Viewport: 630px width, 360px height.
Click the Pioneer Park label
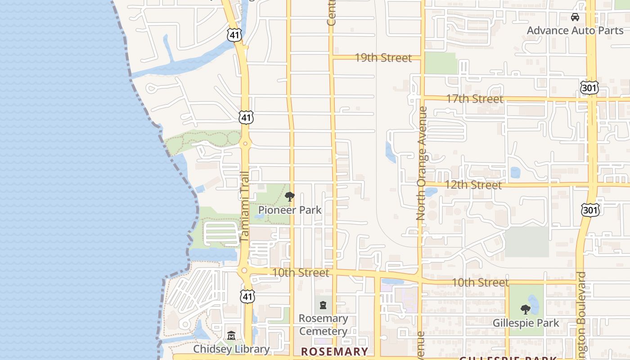(x=290, y=210)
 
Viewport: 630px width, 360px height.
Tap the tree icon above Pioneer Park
(x=290, y=197)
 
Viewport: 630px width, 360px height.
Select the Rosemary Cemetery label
(x=323, y=325)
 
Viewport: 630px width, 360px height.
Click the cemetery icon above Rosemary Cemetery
(x=323, y=306)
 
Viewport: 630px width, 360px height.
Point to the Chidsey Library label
(x=231, y=349)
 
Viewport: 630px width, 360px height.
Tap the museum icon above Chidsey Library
(x=231, y=336)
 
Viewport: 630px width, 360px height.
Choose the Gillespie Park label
(x=526, y=323)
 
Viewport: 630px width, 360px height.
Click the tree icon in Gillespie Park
(x=525, y=310)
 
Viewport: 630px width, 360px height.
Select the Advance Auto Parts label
(x=575, y=30)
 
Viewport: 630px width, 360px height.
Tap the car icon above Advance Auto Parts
(x=575, y=17)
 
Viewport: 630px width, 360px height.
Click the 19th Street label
(x=383, y=58)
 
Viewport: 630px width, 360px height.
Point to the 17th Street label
(x=474, y=99)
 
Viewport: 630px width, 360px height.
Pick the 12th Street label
(x=473, y=184)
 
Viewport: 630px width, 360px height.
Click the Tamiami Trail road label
(x=244, y=207)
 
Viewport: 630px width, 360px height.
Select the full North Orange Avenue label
(x=421, y=163)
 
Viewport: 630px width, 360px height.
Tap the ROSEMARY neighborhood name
(x=334, y=351)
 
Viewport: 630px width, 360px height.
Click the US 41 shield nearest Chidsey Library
(x=247, y=296)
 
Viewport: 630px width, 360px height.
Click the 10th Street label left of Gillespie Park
(x=480, y=282)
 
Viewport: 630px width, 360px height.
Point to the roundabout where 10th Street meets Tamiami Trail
(x=244, y=270)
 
